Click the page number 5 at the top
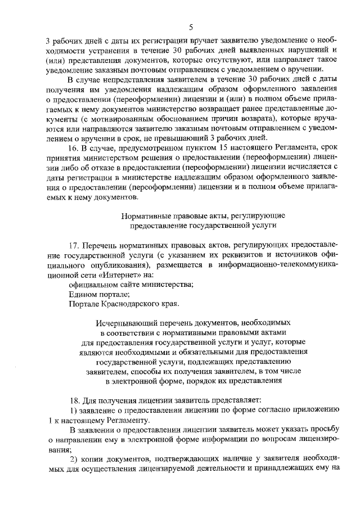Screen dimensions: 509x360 click(191, 27)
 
